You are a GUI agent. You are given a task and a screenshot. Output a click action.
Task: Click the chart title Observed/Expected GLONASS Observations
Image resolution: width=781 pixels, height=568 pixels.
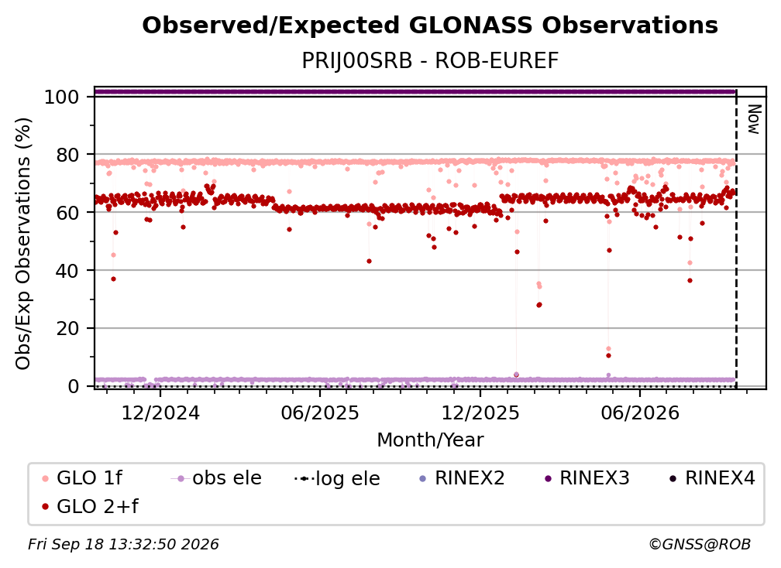430,26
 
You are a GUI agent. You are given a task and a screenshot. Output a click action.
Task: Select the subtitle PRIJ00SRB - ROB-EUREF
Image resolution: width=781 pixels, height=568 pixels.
430,60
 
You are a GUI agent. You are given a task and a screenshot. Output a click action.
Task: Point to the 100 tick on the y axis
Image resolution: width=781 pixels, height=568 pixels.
61,97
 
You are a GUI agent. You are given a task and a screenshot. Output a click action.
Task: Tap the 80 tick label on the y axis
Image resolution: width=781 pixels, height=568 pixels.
67,156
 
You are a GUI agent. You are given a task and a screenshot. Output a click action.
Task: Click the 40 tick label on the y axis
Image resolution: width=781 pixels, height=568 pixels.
67,271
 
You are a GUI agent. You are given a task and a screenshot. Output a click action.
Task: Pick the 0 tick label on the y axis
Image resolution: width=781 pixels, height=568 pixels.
74,386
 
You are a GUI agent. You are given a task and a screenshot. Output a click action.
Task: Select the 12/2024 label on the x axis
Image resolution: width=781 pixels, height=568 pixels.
160,412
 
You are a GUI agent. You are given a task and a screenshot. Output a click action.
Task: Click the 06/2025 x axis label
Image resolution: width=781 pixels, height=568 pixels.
320,412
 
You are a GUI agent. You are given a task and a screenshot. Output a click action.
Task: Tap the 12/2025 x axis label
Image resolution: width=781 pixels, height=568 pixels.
480,412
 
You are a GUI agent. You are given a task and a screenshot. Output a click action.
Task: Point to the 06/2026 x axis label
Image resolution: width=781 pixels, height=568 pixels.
640,412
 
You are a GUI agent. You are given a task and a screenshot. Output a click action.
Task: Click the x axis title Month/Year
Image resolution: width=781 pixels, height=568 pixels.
430,440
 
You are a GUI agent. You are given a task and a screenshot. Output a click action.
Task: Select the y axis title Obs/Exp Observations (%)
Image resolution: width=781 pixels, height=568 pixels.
23,244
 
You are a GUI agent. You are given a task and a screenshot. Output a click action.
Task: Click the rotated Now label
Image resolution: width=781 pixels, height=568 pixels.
754,119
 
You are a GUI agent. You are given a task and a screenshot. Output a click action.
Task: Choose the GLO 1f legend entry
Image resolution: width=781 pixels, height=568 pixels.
82,478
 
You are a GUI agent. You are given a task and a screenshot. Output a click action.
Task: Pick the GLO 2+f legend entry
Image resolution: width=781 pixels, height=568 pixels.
90,506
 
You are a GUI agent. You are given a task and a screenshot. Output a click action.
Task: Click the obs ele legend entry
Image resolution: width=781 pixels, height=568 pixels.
216,478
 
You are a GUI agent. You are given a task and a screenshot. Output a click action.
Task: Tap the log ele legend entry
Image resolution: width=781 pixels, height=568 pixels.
337,478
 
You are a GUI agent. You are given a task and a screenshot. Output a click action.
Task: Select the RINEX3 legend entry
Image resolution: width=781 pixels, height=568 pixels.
587,478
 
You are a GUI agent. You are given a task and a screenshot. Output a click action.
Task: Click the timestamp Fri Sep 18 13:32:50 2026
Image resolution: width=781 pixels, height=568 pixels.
123,544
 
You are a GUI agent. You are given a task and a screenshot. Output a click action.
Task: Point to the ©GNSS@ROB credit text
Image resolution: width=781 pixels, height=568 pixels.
700,544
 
